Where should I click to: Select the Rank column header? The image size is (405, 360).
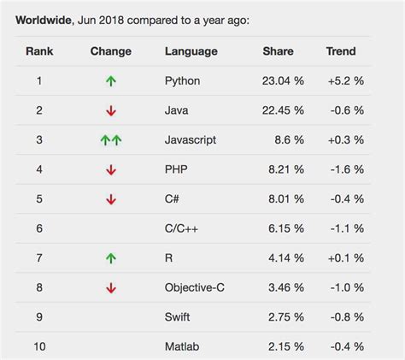39,51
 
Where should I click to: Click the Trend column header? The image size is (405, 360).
341,51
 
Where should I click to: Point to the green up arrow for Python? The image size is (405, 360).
111,82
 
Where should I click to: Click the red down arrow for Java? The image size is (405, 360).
111,111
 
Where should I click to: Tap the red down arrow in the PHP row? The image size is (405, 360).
111,170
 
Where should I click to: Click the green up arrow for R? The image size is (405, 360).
111,258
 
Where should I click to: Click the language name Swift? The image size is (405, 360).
179,317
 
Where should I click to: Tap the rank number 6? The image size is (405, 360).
39,229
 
